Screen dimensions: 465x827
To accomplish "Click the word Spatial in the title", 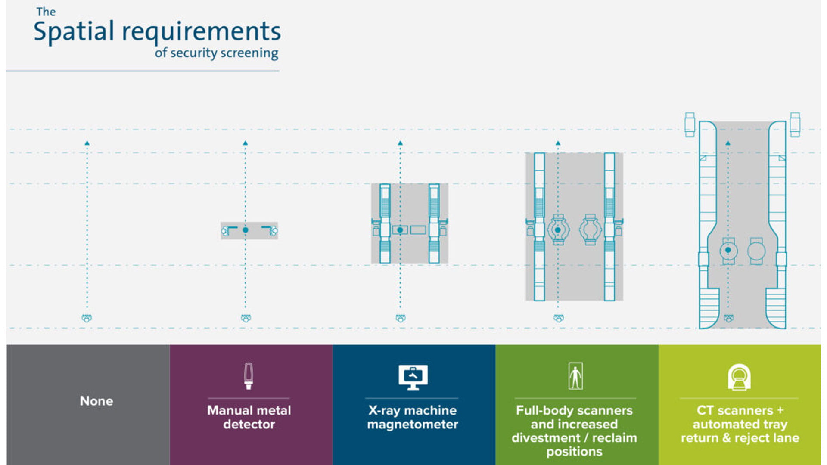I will (74, 32).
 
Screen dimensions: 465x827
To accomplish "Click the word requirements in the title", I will (201, 32).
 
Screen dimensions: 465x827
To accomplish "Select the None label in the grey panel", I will (96, 401).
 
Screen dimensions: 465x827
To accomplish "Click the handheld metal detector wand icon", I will (248, 376).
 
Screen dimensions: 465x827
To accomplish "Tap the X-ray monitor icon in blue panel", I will (413, 377).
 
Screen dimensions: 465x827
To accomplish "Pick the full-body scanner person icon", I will (575, 376).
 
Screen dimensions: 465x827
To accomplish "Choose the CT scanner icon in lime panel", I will (739, 377).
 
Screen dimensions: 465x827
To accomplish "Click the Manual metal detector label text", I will (249, 417).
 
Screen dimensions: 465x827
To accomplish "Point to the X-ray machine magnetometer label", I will (412, 417).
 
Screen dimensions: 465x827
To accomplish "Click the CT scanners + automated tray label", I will (740, 424).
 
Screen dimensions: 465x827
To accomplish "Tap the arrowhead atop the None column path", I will (87, 143).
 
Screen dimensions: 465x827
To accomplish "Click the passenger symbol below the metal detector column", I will (246, 318).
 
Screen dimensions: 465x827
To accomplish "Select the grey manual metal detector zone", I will (249, 230).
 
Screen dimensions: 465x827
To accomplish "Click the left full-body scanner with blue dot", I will (558, 229).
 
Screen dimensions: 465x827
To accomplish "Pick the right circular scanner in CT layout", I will (756, 251).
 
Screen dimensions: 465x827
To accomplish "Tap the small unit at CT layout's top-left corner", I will (690, 124).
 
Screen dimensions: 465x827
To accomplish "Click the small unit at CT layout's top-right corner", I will (795, 124).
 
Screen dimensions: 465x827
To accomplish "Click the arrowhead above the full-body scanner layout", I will (558, 143).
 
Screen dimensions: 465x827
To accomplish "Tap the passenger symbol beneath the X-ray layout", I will (401, 318).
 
